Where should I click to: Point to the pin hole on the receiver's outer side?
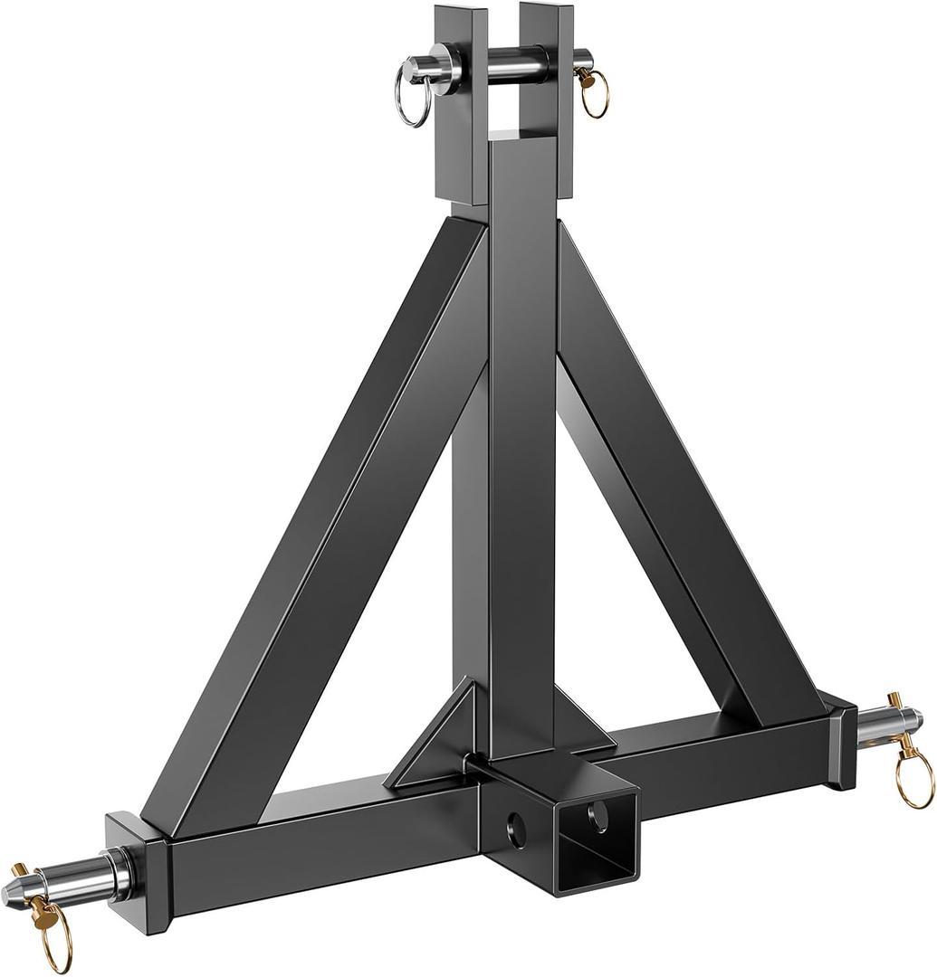(x=516, y=829)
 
